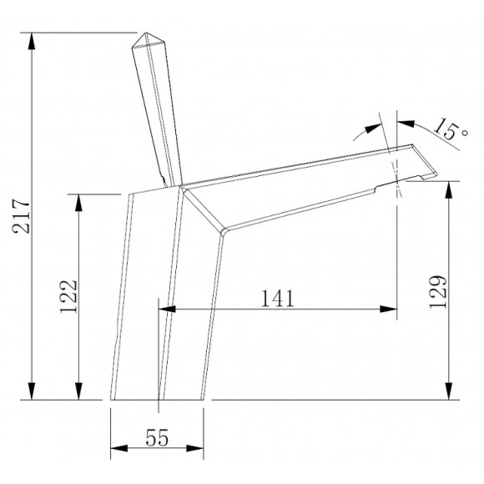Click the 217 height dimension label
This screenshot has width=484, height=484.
[21, 216]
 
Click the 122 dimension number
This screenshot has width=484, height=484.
[68, 296]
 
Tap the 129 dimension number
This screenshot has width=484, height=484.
[438, 292]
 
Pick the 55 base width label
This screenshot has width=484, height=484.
[157, 437]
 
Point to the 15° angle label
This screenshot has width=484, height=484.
[451, 129]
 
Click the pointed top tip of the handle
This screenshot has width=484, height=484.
[145, 33]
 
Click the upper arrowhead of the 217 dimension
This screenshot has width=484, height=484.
[32, 41]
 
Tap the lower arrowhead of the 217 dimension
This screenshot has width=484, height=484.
[32, 391]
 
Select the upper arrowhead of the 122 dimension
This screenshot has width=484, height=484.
[78, 203]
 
